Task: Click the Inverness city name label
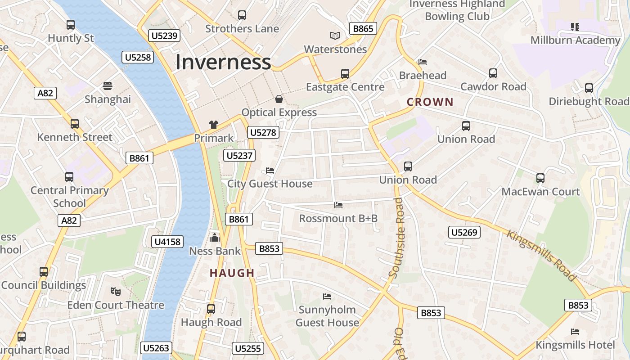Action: pos(223,62)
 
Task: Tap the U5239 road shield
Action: pos(164,36)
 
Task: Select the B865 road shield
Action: pos(363,29)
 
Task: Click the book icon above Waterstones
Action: pos(335,36)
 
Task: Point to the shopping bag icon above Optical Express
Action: pos(279,99)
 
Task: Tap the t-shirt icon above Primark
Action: pos(214,125)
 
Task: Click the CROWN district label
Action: pos(430,102)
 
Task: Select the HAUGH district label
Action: pos(232,273)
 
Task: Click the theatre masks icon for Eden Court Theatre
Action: pos(116,292)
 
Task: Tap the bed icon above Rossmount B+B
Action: pos(338,205)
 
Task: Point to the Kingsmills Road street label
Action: pos(541,256)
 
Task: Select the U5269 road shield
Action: pos(464,232)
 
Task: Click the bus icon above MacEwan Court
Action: pos(540,178)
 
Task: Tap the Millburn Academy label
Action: pos(575,40)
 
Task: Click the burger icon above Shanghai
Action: pos(107,85)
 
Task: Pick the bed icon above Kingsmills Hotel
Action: pos(575,332)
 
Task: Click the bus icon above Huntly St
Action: pos(71,25)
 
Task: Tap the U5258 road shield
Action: pos(138,57)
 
